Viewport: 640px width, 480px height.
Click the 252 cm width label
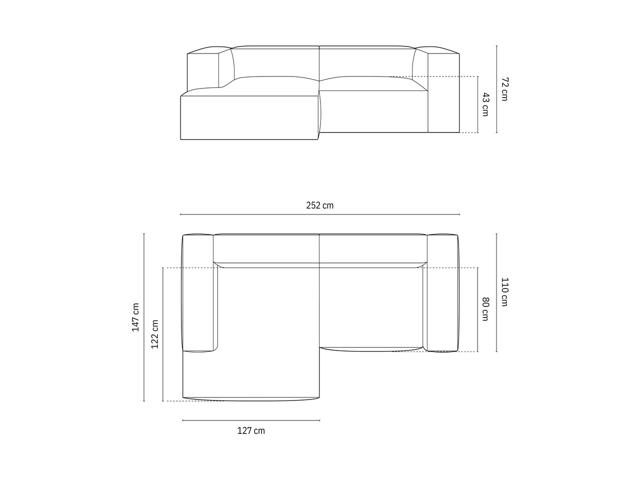(x=319, y=205)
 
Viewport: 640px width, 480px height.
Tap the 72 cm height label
(x=504, y=89)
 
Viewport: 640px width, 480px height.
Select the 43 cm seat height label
(x=485, y=104)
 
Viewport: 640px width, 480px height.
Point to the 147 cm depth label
(x=135, y=317)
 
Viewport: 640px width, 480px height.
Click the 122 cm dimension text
(x=154, y=334)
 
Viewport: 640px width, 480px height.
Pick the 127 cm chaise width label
(x=251, y=430)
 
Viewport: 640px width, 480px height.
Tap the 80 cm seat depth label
(x=485, y=309)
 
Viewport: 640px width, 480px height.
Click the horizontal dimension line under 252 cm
(x=320, y=214)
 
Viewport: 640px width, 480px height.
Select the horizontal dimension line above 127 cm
(x=251, y=420)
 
